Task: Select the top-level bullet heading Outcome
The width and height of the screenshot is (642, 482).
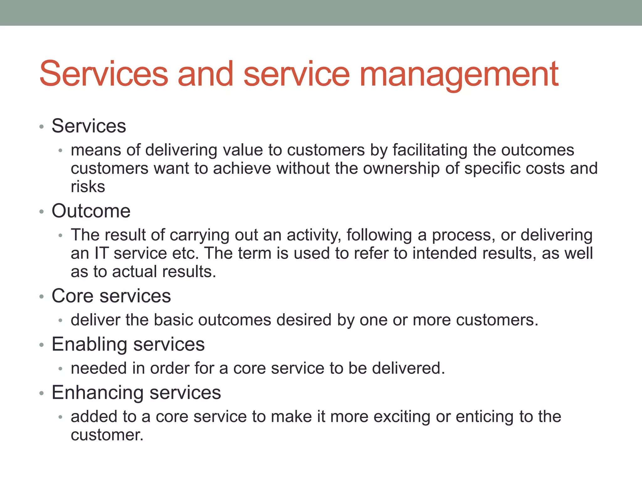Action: tap(91, 211)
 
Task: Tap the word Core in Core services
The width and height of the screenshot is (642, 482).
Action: tap(72, 296)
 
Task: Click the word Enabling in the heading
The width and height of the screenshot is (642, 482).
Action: tap(89, 345)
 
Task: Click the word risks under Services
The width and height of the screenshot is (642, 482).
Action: tap(88, 187)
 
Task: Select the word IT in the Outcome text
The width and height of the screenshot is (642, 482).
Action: tap(101, 253)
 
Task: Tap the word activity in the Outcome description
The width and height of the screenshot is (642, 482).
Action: tap(314, 235)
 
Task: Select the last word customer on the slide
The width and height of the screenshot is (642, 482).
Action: tap(107, 435)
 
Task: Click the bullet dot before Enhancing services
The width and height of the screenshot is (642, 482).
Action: tap(41, 393)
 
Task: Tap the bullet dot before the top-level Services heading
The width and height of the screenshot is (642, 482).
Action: tap(41, 127)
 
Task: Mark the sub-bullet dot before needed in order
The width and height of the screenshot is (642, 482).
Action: tap(61, 369)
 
